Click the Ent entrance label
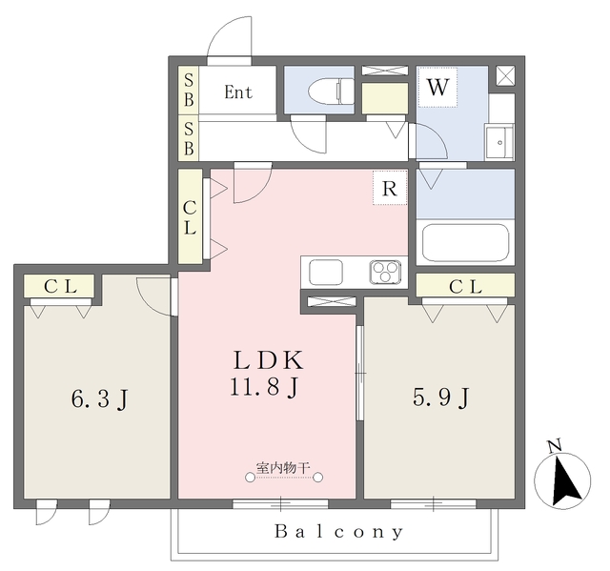click(x=238, y=92)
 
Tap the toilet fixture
click(x=331, y=92)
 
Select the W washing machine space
click(x=437, y=87)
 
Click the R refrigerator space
click(x=390, y=188)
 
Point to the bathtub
click(x=465, y=243)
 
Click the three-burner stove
click(x=385, y=271)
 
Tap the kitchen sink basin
click(x=326, y=272)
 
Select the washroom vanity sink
click(x=499, y=142)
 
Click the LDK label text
click(x=268, y=360)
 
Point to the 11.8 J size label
click(x=265, y=387)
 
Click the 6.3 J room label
click(x=99, y=398)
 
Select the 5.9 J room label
click(x=441, y=398)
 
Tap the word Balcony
click(x=339, y=532)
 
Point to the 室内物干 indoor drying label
click(x=283, y=467)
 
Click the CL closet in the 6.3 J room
click(x=59, y=286)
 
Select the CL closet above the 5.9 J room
click(x=465, y=285)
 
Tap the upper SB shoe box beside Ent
click(x=189, y=91)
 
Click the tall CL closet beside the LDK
click(x=190, y=216)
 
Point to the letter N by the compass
click(x=555, y=446)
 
